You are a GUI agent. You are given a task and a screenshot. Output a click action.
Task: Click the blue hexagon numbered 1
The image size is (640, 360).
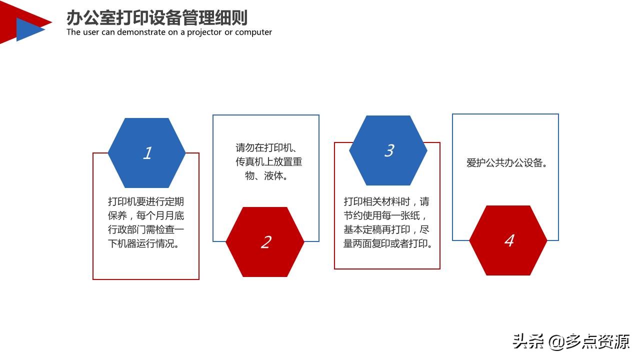pyautogui.click(x=146, y=153)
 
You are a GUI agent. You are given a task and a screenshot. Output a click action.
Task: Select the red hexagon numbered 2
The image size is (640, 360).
pyautogui.click(x=265, y=242)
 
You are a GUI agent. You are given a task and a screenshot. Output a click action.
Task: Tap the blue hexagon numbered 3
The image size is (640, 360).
pyautogui.click(x=388, y=150)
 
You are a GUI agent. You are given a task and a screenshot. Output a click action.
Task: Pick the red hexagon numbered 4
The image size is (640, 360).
pyautogui.click(x=508, y=240)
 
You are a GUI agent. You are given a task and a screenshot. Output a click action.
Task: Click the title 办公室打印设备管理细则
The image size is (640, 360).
pyautogui.click(x=157, y=18)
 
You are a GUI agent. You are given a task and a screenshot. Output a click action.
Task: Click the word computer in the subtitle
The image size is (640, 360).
pyautogui.click(x=253, y=32)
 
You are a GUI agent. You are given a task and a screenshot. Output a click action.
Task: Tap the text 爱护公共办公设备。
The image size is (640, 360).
pyautogui.click(x=506, y=163)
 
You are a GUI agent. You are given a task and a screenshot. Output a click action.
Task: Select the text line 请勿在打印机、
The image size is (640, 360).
pyautogui.click(x=268, y=148)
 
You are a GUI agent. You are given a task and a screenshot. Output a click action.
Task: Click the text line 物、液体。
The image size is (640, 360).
pyautogui.click(x=266, y=176)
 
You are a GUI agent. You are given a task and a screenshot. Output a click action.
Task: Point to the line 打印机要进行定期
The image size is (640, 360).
pyautogui.click(x=146, y=202)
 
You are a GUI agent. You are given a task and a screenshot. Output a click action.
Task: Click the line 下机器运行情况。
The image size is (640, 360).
pyautogui.click(x=146, y=244)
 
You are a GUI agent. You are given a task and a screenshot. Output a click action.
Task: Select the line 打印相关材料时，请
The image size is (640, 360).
pyautogui.click(x=386, y=202)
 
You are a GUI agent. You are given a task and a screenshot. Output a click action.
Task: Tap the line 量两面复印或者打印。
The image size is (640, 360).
pyautogui.click(x=387, y=244)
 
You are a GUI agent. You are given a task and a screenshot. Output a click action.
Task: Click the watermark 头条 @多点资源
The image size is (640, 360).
pyautogui.click(x=571, y=342)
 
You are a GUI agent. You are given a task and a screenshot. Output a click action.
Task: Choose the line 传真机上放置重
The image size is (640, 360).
pyautogui.click(x=269, y=162)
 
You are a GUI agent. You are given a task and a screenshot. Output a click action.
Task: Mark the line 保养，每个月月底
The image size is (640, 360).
pyautogui.click(x=146, y=216)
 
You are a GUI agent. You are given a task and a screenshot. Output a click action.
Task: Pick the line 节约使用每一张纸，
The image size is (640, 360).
pyautogui.click(x=385, y=216)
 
